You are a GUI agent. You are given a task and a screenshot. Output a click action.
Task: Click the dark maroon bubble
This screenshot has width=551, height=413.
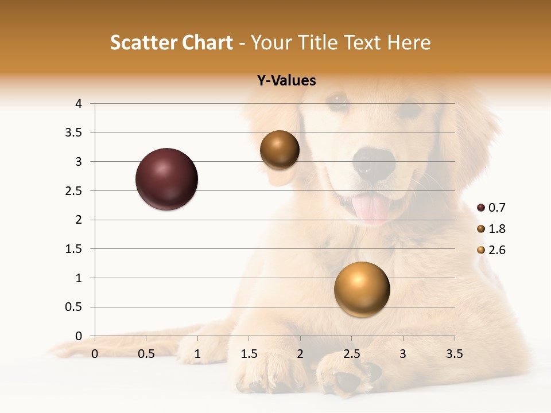[x=166, y=179]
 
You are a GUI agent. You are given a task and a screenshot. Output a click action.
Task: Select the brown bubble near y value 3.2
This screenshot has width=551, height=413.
[x=280, y=150]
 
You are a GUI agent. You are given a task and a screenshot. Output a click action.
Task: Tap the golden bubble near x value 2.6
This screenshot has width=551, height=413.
[x=362, y=289]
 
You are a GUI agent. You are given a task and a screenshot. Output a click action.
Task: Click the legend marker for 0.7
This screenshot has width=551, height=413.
[x=481, y=208]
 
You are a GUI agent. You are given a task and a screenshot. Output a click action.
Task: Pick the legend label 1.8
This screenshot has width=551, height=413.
[x=496, y=229]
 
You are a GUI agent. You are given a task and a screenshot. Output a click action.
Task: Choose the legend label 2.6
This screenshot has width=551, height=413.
[x=496, y=250]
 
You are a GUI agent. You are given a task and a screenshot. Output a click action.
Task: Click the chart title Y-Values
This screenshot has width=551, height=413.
[x=286, y=81]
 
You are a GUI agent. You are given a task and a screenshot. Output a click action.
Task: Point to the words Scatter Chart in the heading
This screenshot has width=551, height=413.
[x=171, y=42]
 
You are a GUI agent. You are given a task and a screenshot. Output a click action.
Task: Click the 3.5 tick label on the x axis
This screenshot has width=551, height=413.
[x=454, y=354]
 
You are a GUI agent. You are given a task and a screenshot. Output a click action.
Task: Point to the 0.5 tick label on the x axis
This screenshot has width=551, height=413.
[x=146, y=354]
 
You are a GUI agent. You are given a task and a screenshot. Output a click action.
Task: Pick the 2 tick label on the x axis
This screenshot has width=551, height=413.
[x=300, y=354]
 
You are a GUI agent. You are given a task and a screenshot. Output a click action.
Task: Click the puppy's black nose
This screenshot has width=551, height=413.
[x=374, y=162]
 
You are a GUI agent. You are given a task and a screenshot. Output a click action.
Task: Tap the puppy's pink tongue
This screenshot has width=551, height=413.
[x=372, y=207]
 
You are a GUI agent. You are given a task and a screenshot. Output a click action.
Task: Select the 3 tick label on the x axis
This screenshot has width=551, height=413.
[x=403, y=354]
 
